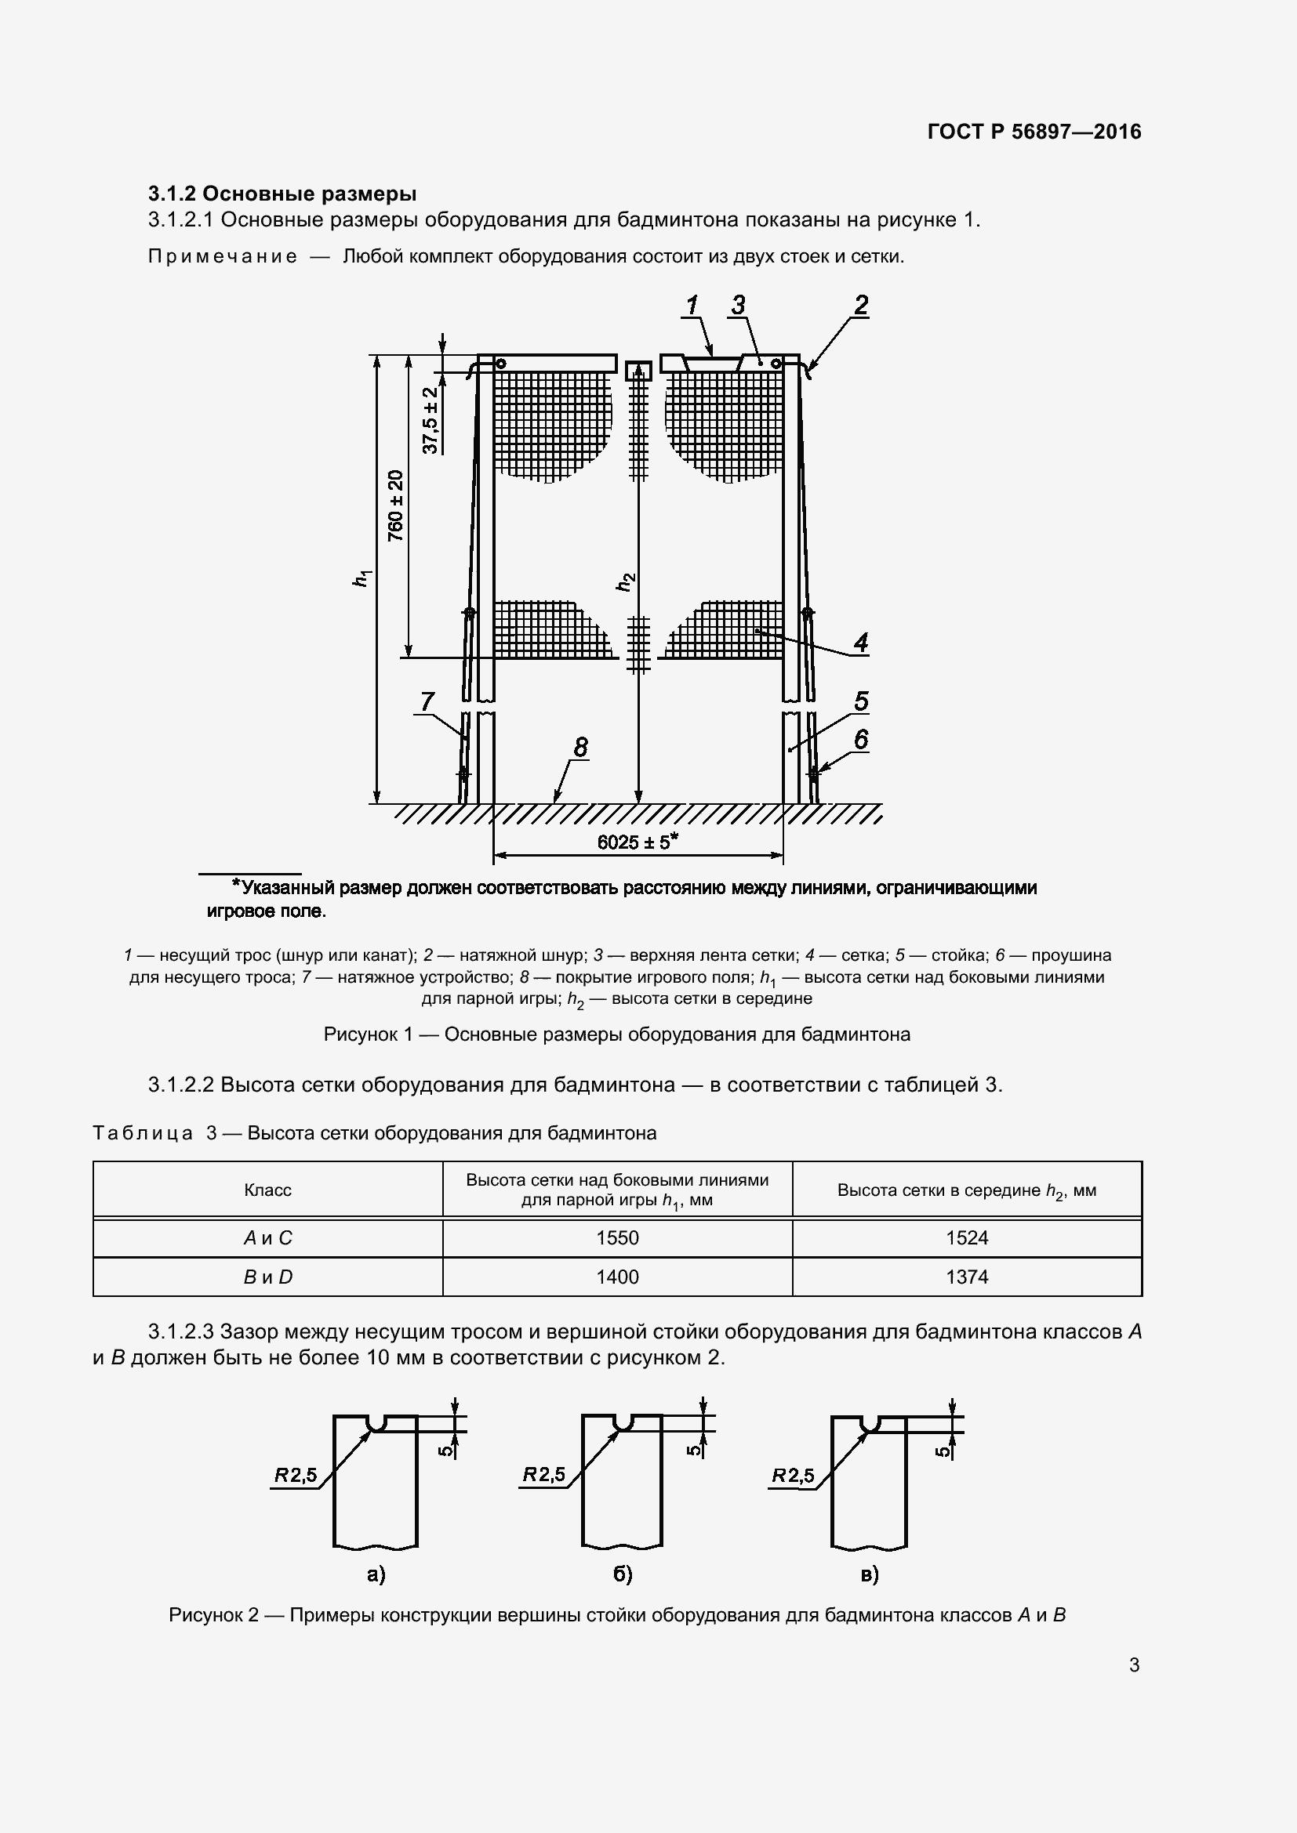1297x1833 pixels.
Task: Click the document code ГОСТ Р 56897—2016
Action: (x=1034, y=132)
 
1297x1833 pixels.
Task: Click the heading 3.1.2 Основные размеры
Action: (x=282, y=194)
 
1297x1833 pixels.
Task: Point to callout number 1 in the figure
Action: (x=692, y=306)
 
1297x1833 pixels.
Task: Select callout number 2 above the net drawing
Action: (x=860, y=305)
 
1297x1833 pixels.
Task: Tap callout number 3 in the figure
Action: (x=738, y=306)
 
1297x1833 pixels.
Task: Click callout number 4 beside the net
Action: (x=860, y=642)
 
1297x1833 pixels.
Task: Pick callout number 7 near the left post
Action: (x=427, y=701)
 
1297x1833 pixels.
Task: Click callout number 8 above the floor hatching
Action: (x=580, y=748)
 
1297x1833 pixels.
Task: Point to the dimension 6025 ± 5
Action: (x=638, y=842)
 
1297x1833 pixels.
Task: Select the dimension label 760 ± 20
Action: (x=396, y=505)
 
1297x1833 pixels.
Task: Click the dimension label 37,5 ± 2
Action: (x=431, y=421)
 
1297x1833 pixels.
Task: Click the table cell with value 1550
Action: (x=617, y=1237)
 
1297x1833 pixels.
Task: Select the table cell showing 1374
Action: (x=966, y=1277)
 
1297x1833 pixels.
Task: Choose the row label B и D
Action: (x=267, y=1277)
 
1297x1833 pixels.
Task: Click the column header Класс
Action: (x=267, y=1190)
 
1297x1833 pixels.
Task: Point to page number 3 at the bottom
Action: (x=1134, y=1665)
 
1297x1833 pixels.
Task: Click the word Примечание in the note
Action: (x=223, y=256)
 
